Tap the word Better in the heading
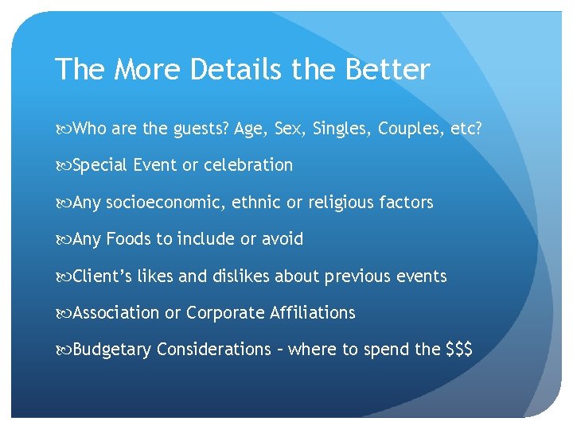coord(388,70)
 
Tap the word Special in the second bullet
coord(100,165)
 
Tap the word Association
coord(115,313)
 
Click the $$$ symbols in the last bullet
coord(460,350)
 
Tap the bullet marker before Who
coord(63,129)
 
